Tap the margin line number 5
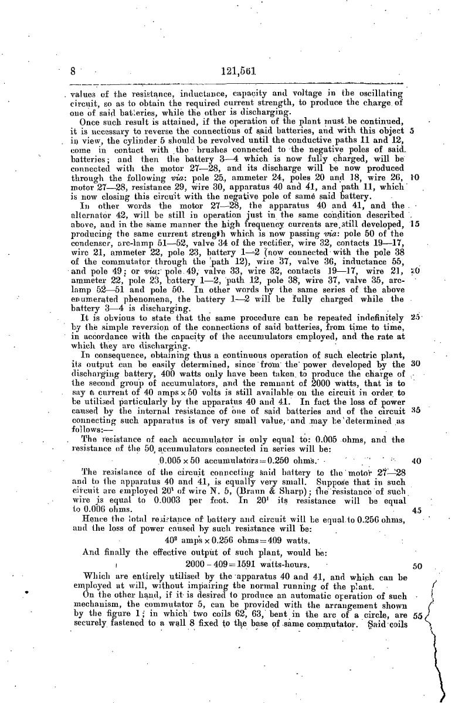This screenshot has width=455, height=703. [x=414, y=131]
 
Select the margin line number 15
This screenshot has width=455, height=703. [x=415, y=207]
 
